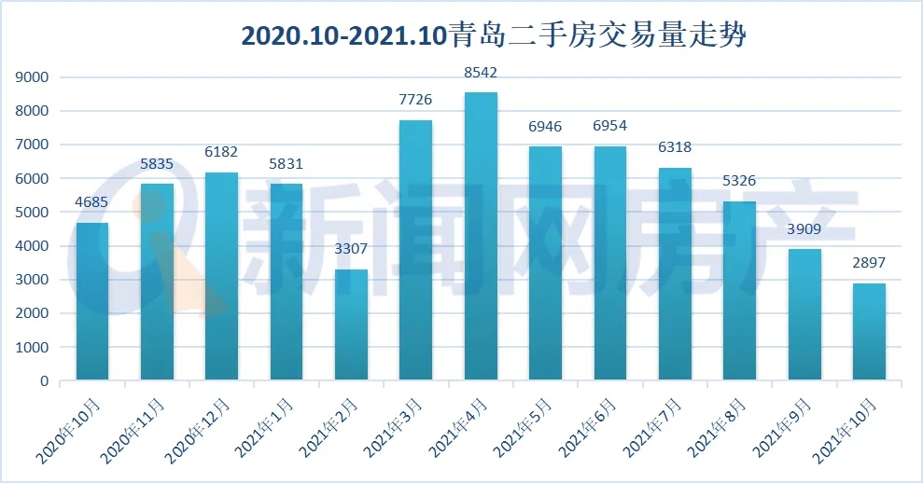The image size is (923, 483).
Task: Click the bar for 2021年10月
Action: coord(868,332)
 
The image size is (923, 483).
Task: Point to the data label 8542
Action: coord(481,72)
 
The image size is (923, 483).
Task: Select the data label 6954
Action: coord(610,126)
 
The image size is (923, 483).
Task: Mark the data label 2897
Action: coord(868,263)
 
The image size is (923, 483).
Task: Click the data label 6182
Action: coord(222,152)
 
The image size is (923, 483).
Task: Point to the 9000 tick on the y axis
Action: coord(32,77)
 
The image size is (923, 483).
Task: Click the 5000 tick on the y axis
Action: coord(32,213)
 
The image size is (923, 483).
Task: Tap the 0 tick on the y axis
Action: coord(43,381)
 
